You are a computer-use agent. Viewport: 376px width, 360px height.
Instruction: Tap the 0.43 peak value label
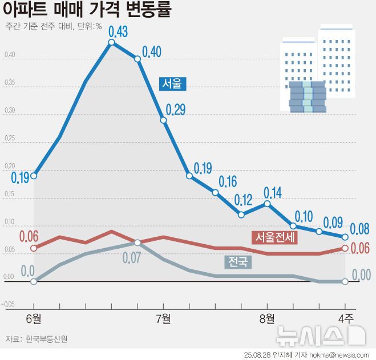(x=118, y=30)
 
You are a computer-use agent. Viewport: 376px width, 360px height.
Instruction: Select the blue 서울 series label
(x=172, y=83)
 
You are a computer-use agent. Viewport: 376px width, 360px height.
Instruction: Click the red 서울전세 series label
(x=275, y=236)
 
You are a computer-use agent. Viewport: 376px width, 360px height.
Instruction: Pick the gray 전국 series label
(x=238, y=262)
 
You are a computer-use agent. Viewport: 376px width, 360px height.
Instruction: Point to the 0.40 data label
(x=152, y=52)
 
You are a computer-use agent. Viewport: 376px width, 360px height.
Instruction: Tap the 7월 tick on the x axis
(x=163, y=318)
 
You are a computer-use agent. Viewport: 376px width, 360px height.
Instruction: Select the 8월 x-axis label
(x=266, y=318)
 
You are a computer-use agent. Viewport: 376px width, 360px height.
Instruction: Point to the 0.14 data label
(x=273, y=193)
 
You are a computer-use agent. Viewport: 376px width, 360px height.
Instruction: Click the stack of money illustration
(x=307, y=96)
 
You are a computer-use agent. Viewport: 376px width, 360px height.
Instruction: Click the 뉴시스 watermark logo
(x=320, y=335)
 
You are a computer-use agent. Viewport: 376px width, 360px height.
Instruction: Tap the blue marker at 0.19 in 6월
(x=34, y=176)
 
